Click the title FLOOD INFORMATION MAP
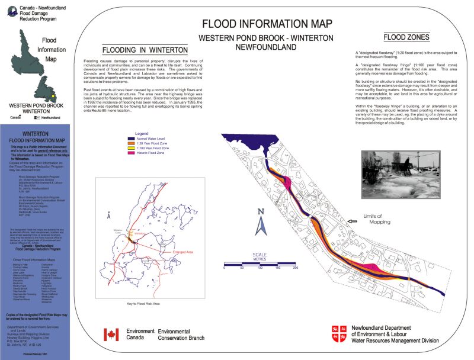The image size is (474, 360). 266,24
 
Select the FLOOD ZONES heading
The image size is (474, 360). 406,37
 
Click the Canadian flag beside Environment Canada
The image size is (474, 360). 111,335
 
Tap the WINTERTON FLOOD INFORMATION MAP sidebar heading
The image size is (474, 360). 36,138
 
